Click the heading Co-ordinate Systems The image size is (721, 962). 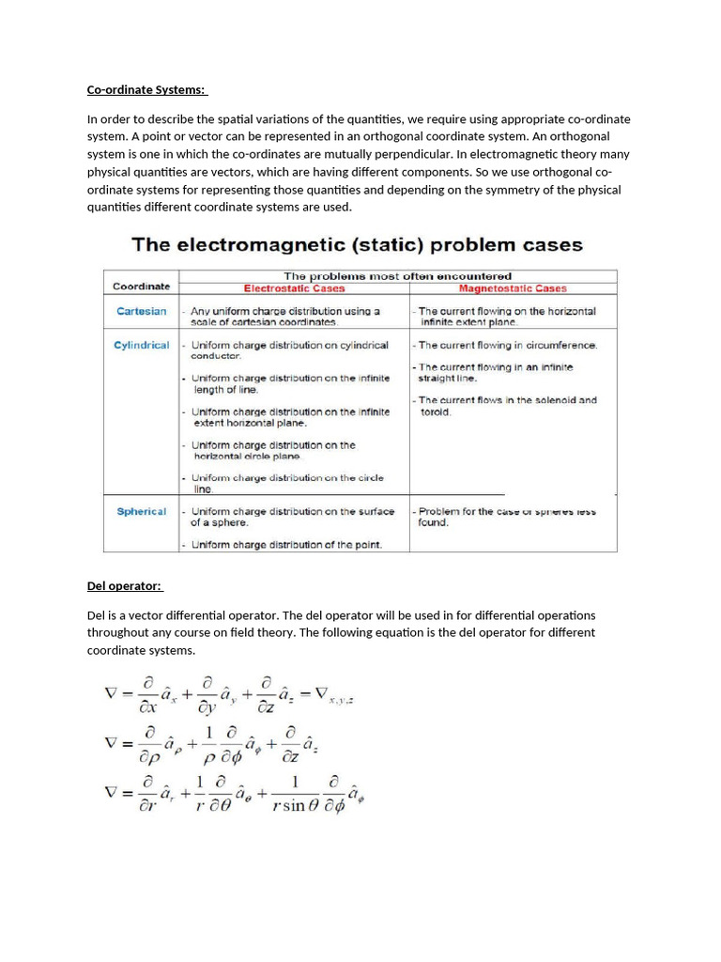pos(146,90)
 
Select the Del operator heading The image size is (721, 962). pos(124,586)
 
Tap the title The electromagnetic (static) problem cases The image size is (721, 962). pos(357,245)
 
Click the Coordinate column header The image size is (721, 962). pos(141,286)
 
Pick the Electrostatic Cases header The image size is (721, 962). pos(294,288)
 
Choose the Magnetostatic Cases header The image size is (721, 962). pos(513,288)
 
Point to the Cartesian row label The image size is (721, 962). pos(142,311)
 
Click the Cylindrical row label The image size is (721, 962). pos(142,345)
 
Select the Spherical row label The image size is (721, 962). pos(142,511)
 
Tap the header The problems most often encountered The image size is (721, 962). pos(397,276)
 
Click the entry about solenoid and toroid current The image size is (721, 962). pos(507,406)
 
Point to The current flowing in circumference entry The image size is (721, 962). pos(508,345)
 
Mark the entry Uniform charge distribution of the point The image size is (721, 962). pos(285,544)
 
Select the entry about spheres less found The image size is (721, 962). pos(507,517)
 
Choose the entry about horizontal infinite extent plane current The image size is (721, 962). pos(507,317)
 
